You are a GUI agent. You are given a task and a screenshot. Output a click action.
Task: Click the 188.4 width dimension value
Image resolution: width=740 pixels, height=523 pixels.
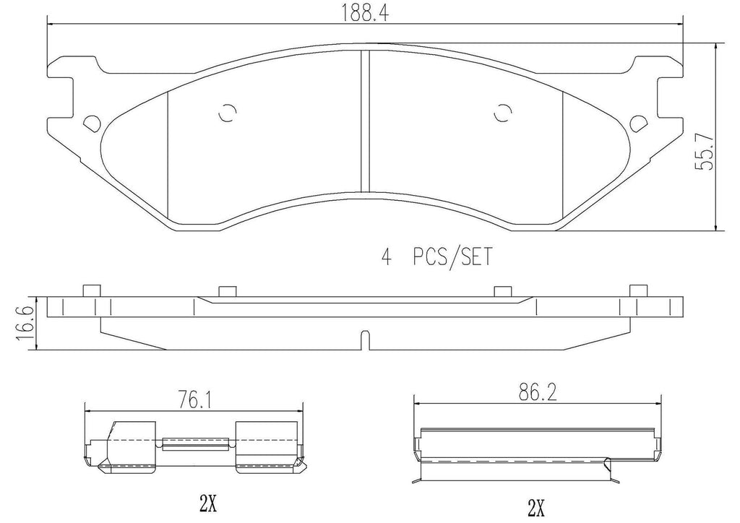[364, 12]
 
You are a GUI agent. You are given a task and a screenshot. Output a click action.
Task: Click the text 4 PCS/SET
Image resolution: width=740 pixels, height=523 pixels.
[436, 257]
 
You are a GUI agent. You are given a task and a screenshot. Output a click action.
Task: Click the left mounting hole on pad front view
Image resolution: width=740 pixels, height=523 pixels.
[91, 124]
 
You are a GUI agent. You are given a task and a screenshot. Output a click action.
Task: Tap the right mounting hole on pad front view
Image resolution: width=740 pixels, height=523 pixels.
[638, 124]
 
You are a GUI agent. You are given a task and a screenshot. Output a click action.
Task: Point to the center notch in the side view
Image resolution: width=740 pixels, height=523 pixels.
[365, 340]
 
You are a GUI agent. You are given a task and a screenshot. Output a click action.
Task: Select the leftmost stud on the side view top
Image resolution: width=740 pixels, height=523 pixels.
[90, 290]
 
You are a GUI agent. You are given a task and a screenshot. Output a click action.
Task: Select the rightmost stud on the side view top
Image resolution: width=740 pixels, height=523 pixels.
[637, 290]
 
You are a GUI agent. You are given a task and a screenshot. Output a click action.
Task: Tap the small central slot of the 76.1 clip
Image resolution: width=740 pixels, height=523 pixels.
[196, 444]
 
